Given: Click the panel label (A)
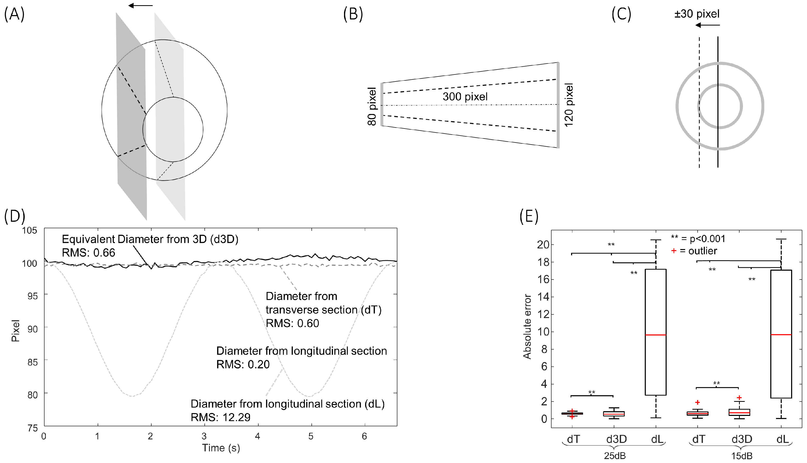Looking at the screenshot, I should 14,14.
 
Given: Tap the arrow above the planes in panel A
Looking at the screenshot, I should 140,5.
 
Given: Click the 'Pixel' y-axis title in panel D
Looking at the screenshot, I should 15,331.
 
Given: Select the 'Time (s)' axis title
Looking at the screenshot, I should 221,448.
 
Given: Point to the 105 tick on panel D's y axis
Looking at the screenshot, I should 30,230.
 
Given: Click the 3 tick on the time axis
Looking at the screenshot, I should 204,436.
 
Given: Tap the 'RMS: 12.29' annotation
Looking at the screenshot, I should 221,417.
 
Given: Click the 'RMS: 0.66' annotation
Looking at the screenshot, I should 89,253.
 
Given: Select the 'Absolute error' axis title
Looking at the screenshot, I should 527,327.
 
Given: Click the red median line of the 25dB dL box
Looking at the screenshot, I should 656,335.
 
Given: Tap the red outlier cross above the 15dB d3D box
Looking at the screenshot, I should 739,397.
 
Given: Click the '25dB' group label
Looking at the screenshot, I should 615,456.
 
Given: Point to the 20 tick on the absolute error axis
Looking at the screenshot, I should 543,245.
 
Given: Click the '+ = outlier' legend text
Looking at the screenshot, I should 694,251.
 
